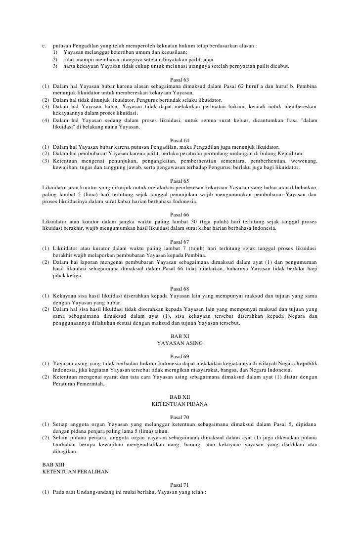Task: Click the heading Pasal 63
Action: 180,79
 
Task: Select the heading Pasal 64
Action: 180,140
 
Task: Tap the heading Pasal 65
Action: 180,180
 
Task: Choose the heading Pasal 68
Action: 180,288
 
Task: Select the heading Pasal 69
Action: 180,356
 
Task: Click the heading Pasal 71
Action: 180,485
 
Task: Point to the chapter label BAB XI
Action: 180,336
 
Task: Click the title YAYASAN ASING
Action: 180,342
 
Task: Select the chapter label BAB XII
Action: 180,397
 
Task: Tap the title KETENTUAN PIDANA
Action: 180,404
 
